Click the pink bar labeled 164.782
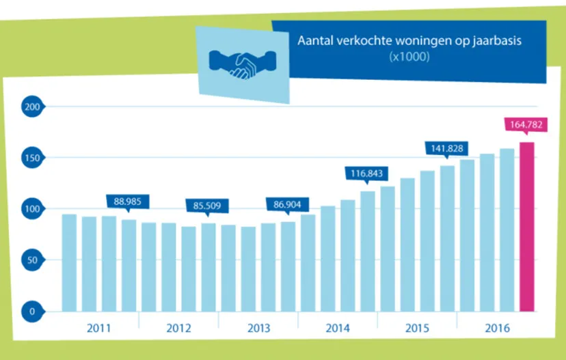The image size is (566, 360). tap(526, 225)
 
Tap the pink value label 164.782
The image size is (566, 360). tap(526, 124)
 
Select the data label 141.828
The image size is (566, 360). tap(447, 148)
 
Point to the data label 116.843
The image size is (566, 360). tap(368, 174)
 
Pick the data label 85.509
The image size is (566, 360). tap(208, 205)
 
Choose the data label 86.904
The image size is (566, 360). tap(288, 204)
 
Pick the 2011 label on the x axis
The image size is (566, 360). tap(99, 327)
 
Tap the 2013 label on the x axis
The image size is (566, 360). tap(258, 327)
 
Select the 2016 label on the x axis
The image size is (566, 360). tap(496, 327)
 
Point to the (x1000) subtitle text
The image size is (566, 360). tap(409, 58)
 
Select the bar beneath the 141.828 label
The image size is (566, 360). tap(447, 237)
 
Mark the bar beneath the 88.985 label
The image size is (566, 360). tap(129, 264)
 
